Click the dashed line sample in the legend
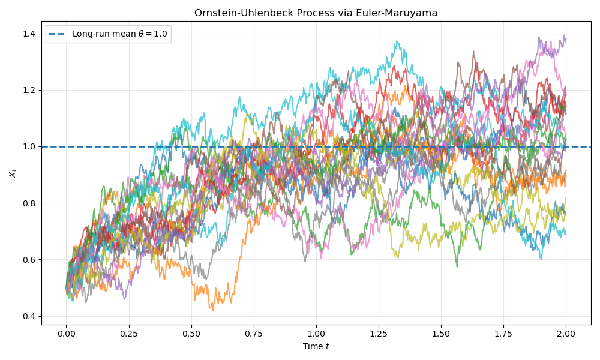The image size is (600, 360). (x=58, y=34)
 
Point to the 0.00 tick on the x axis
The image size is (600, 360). (x=67, y=333)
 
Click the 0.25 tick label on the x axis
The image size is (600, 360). (x=129, y=333)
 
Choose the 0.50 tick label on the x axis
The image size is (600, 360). (x=191, y=333)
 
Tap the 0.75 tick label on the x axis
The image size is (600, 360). (x=254, y=333)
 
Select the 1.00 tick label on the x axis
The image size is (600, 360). (x=316, y=333)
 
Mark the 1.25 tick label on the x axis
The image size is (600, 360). (x=379, y=333)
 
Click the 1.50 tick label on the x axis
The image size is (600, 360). (x=441, y=333)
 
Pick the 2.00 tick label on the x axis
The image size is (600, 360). (x=566, y=333)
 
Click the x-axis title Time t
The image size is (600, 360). (x=316, y=346)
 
